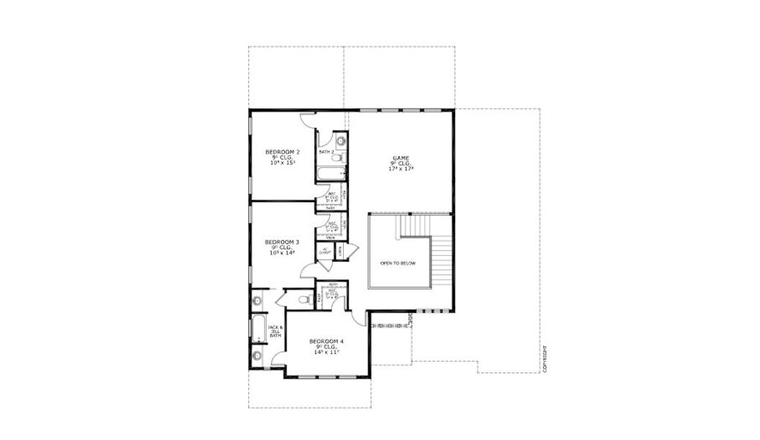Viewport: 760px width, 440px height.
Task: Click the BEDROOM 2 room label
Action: (x=282, y=152)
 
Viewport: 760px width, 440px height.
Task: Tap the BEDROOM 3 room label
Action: (x=282, y=242)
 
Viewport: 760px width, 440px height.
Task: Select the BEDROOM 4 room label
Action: (x=326, y=342)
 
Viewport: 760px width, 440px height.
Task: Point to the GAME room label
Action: (x=401, y=158)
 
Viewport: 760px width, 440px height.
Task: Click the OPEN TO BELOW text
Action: (x=398, y=263)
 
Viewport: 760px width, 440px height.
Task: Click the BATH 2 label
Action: (x=325, y=152)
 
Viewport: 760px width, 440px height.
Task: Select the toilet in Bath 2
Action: (x=336, y=156)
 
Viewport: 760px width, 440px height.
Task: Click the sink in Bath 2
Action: (x=339, y=139)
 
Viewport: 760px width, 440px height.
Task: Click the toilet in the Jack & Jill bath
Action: (x=306, y=299)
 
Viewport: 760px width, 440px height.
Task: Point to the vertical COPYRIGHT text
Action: (x=545, y=359)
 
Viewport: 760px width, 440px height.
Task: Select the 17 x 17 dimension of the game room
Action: (x=401, y=169)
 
